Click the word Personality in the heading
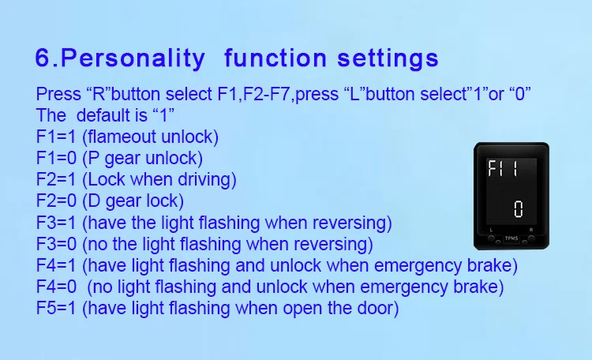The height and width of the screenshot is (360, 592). (x=133, y=58)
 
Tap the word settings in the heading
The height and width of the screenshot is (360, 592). (x=388, y=58)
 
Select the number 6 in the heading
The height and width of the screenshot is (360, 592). (x=43, y=58)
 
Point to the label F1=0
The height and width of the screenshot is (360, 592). (x=56, y=158)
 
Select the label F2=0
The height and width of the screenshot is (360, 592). (x=56, y=201)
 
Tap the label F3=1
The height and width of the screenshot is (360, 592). (x=56, y=223)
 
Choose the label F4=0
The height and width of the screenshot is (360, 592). (x=56, y=287)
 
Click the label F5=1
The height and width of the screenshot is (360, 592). (x=56, y=308)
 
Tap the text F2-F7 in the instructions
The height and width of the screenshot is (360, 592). (x=268, y=94)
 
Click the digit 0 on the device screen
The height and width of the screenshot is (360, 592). (x=519, y=209)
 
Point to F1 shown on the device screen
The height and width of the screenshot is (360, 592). (x=496, y=168)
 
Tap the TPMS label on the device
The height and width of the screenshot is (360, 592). (x=511, y=238)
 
